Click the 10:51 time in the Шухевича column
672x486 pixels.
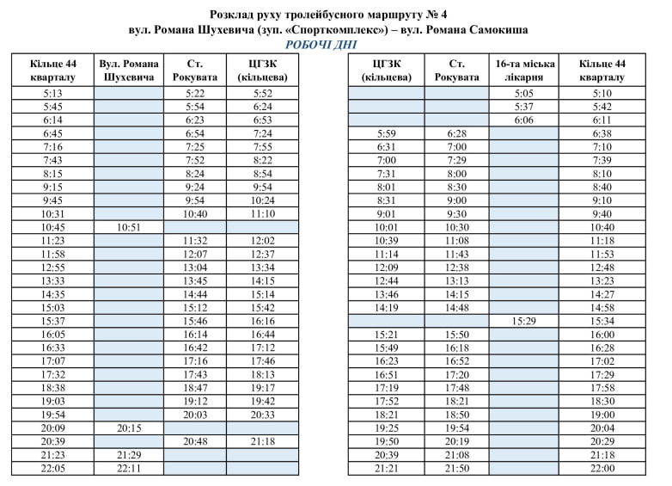(128, 227)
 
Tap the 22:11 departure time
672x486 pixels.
(128, 468)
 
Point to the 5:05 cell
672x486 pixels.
(524, 93)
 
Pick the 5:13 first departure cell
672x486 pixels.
(52, 93)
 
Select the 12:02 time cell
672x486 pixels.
(263, 240)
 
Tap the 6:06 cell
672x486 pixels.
(524, 120)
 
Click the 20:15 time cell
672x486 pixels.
(128, 428)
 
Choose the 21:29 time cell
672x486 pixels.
(128, 454)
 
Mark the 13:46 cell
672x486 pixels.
(387, 293)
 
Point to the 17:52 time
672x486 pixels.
(387, 401)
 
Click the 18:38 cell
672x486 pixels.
(52, 387)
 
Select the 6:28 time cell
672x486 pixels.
(457, 133)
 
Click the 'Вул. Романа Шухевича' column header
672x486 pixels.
(128, 71)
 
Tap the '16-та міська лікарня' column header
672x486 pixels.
(524, 71)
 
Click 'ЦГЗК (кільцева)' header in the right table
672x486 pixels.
(387, 71)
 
